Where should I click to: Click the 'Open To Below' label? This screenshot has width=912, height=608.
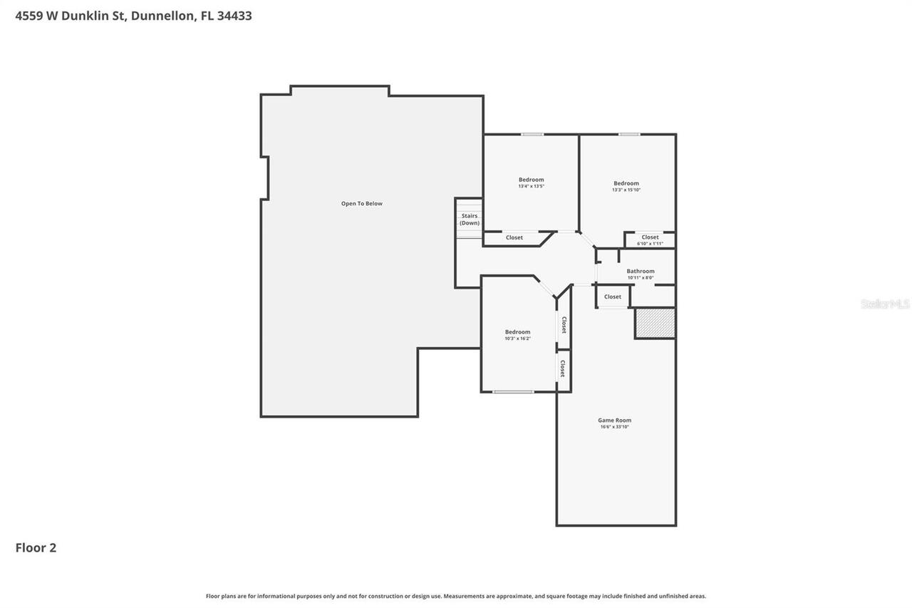point(361,204)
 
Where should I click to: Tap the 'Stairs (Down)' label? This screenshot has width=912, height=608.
point(470,220)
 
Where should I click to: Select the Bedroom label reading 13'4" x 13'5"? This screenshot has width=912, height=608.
point(531,180)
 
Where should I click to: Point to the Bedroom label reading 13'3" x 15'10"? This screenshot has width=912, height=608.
point(626,183)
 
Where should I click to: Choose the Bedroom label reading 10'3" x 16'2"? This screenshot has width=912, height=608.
point(517,332)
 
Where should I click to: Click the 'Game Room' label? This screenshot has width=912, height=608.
point(614,421)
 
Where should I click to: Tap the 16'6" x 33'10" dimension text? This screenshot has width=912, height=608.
point(614,427)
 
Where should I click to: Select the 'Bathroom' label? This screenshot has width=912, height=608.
point(641,271)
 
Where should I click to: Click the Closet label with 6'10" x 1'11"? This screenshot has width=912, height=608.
point(650,237)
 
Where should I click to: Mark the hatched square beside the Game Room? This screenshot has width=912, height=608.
point(655,323)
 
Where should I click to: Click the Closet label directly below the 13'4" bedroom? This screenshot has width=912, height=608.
point(514,238)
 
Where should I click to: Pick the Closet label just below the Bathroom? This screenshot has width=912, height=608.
point(612,297)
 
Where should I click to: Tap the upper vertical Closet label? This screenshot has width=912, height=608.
point(564,325)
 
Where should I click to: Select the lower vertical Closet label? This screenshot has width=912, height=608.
point(563,369)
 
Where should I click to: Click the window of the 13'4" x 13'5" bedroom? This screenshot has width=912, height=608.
point(532,134)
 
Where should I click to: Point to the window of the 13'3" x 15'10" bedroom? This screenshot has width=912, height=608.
point(628,134)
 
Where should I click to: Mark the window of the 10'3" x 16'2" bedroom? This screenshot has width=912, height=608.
point(513,391)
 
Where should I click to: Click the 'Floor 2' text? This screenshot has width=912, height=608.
point(36,547)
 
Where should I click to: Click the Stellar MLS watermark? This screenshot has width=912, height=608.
point(885,304)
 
